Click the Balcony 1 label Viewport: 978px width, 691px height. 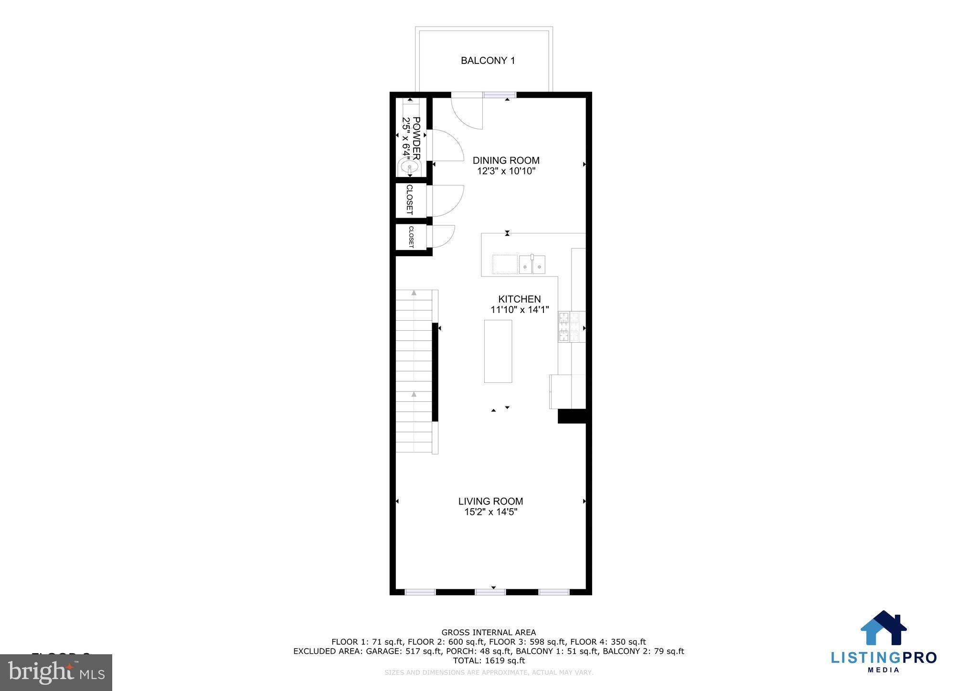488,61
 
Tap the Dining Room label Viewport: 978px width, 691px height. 506,160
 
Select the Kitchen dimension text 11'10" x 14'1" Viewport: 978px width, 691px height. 520,310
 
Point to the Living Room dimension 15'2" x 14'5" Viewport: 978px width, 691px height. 490,512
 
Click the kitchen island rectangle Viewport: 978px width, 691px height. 498,351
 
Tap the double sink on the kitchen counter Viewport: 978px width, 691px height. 532,264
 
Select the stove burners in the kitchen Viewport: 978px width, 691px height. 571,327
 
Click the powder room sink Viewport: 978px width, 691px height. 409,168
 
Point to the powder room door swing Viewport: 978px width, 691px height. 447,145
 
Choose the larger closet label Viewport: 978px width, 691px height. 410,199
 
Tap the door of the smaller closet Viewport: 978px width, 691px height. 442,236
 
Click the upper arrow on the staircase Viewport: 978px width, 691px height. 414,293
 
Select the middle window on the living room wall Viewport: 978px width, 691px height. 490,592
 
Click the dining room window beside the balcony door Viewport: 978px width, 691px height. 500,95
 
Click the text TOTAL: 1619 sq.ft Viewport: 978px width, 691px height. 489,660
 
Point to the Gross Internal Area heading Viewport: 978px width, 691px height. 489,633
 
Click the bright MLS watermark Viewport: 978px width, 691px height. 56,672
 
